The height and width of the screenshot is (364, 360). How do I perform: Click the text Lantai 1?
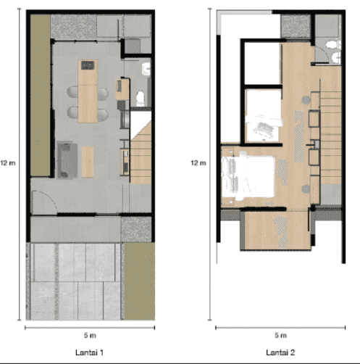(x=89, y=352)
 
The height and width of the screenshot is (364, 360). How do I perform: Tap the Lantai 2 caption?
(x=280, y=352)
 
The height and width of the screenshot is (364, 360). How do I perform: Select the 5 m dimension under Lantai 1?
(x=90, y=335)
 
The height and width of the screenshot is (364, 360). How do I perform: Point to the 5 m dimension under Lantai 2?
(x=280, y=335)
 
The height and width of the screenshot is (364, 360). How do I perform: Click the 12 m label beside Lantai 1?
(x=8, y=163)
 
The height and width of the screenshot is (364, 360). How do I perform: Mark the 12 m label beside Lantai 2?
(x=198, y=163)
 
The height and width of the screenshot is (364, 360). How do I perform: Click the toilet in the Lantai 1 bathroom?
(x=141, y=99)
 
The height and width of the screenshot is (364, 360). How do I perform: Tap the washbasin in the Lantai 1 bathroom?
(x=146, y=69)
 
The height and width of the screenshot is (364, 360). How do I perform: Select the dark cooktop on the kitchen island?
(x=88, y=65)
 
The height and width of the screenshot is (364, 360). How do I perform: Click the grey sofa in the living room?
(x=67, y=160)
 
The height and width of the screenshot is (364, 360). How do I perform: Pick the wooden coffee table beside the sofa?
(x=88, y=162)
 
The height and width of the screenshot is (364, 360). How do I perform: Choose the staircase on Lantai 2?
(x=330, y=138)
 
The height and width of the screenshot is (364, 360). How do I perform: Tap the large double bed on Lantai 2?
(x=248, y=178)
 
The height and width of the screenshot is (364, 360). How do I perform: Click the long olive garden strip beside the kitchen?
(x=41, y=95)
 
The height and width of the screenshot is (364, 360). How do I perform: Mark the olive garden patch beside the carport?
(x=140, y=281)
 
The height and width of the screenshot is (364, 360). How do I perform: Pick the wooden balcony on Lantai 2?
(x=277, y=231)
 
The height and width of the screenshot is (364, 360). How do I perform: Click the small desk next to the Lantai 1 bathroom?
(x=122, y=89)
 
